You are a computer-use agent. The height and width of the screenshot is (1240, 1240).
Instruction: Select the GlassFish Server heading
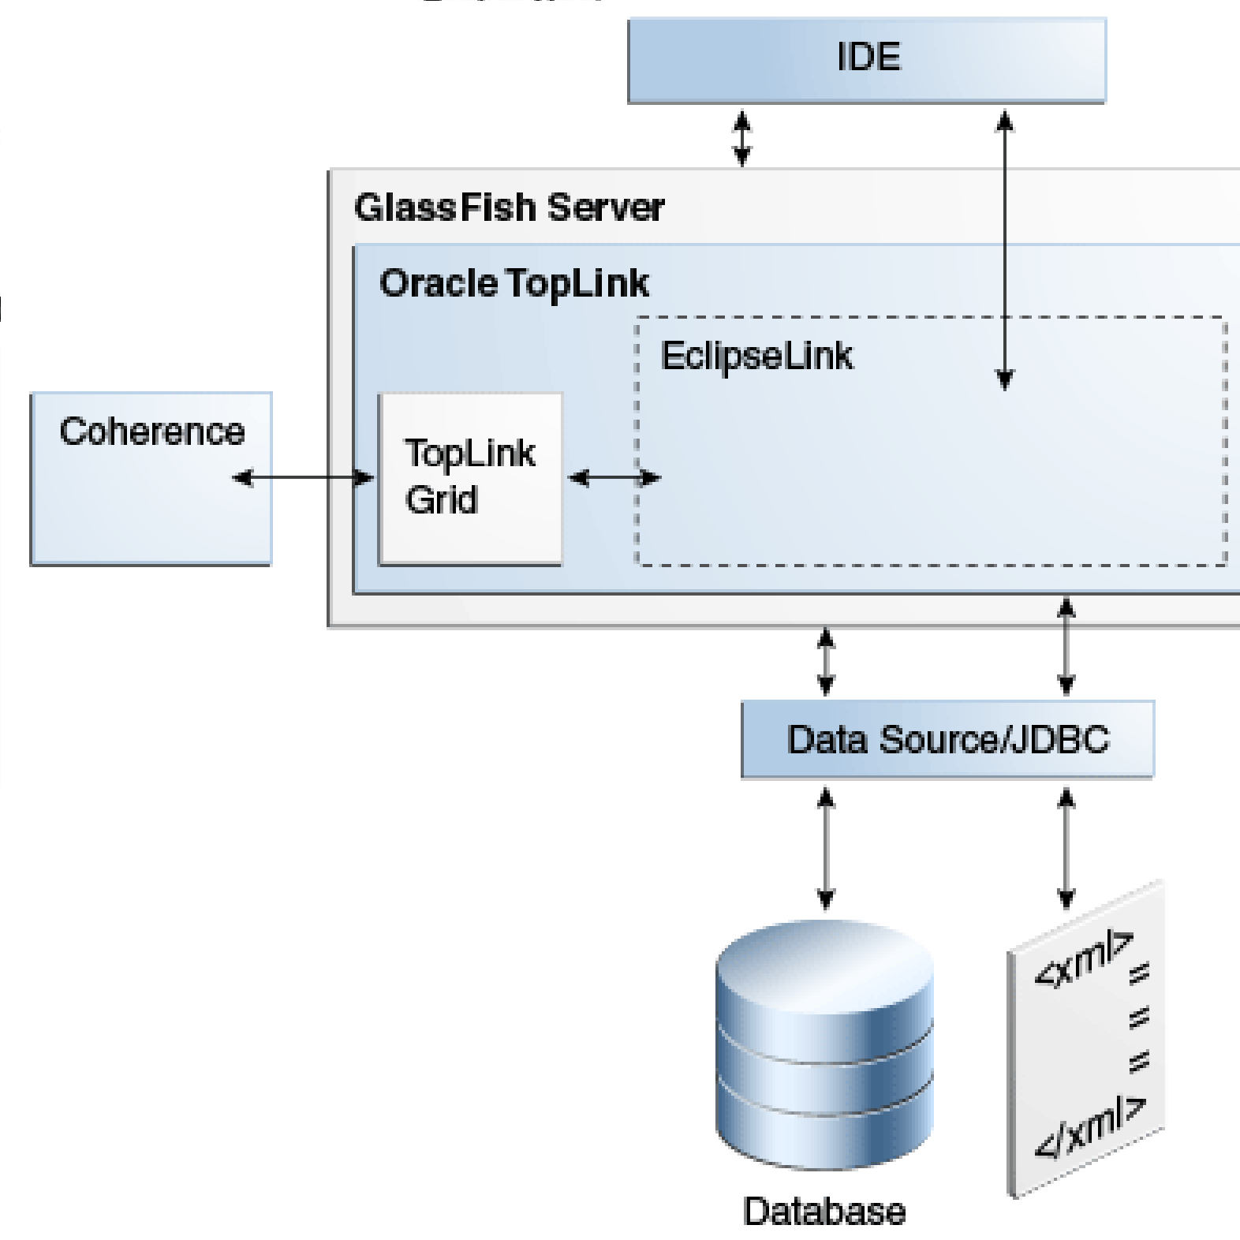pos(509,208)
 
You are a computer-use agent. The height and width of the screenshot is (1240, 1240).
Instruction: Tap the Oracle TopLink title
pos(514,283)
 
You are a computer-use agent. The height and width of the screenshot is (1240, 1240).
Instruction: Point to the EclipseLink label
pos(756,356)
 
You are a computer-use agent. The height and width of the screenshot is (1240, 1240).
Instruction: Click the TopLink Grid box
pos(470,478)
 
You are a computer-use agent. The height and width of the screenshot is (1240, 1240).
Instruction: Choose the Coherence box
pos(151,478)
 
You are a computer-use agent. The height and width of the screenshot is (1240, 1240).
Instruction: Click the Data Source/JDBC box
pos(947,740)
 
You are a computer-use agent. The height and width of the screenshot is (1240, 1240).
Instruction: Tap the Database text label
pos(824,1212)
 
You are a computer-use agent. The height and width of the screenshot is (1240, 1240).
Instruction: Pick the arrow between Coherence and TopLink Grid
pos(304,477)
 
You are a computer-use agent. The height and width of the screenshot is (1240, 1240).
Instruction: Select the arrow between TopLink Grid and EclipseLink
pos(614,477)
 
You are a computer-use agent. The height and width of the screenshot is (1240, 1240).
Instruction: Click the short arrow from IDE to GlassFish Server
pos(742,138)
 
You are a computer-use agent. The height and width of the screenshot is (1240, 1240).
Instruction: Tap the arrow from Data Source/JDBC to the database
pos(826,850)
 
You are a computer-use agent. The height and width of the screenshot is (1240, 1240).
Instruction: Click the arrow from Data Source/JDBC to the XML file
pos(1066,850)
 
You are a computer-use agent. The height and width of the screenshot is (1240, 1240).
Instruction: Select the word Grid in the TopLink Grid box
pos(441,500)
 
